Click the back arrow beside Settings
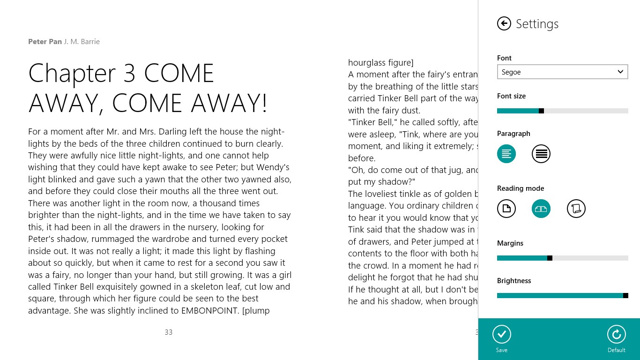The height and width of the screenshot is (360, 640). [x=504, y=23]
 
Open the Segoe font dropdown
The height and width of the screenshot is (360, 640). [x=562, y=72]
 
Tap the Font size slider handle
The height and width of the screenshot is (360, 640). [x=541, y=111]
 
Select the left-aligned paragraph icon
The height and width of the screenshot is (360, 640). [x=506, y=154]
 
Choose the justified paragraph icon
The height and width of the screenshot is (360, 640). [x=541, y=154]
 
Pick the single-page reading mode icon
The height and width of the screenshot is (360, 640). [x=506, y=209]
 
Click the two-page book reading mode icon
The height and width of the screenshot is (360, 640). [x=541, y=209]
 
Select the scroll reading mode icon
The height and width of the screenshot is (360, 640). [x=576, y=209]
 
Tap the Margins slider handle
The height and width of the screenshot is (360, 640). [x=550, y=258]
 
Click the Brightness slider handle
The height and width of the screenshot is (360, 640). [x=625, y=296]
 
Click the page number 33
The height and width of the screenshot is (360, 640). [x=169, y=332]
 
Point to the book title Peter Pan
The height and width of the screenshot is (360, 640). [x=45, y=42]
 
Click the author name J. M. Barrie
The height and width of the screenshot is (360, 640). [x=82, y=42]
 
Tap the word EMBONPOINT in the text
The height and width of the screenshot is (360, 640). [x=210, y=310]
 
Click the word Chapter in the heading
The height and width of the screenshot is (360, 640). [x=72, y=73]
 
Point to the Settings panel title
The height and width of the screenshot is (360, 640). [x=537, y=24]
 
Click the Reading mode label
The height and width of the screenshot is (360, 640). [x=521, y=188]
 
